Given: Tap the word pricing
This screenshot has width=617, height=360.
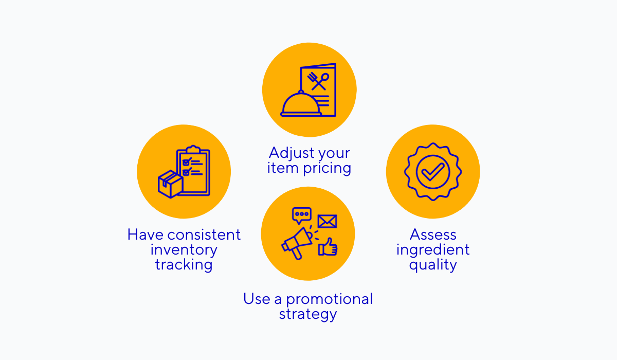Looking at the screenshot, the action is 327,169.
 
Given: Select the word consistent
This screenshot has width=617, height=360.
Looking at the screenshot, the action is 204,235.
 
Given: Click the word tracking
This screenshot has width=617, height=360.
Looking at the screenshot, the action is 184,265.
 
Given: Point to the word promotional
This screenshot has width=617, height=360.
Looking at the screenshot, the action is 330,300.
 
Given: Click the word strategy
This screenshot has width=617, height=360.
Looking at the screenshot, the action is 308,315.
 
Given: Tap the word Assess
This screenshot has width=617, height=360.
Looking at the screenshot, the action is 433,235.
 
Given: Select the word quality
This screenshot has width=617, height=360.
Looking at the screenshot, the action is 433,265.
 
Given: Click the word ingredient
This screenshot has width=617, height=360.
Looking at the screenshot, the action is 433,250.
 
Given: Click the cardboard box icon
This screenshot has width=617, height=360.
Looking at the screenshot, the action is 170,184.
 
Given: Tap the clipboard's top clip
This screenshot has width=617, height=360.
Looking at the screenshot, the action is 193,149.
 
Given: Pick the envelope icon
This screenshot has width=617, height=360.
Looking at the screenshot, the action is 327,221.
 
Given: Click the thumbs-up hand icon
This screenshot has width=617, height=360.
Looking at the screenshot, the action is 328,247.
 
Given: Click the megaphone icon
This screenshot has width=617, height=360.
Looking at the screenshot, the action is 298,243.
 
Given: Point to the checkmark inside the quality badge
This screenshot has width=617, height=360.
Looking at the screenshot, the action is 433,172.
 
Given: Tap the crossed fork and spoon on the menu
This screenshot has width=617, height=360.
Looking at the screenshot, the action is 318,81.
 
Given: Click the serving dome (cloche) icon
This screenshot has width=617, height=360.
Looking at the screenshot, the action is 301,104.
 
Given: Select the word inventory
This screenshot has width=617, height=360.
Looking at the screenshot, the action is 184,250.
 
